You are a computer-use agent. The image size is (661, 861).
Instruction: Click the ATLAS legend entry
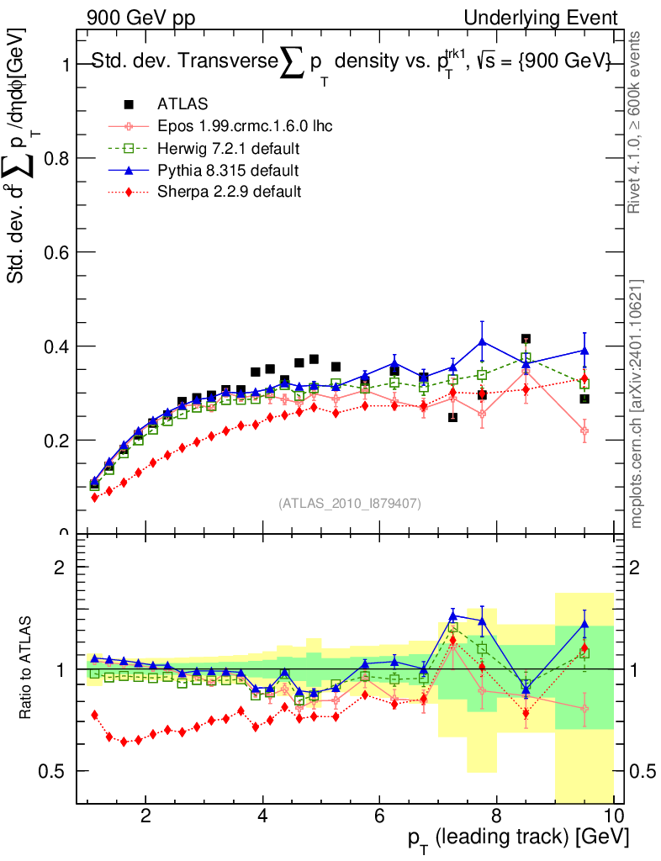click(182, 104)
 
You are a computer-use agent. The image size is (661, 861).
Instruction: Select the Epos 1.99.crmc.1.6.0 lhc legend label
click(245, 126)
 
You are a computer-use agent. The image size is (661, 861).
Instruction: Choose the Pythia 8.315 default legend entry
click(228, 171)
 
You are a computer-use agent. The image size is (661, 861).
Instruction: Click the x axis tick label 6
click(379, 816)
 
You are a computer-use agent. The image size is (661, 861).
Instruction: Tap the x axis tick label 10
click(612, 816)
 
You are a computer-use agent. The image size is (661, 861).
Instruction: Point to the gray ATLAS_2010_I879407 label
click(350, 503)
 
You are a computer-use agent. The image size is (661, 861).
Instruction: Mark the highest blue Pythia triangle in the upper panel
click(482, 341)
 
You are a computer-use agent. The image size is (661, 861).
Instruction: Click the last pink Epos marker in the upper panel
click(584, 430)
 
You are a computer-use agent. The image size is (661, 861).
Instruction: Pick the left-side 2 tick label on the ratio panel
click(60, 568)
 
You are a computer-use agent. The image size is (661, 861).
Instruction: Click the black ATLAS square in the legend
click(129, 104)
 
